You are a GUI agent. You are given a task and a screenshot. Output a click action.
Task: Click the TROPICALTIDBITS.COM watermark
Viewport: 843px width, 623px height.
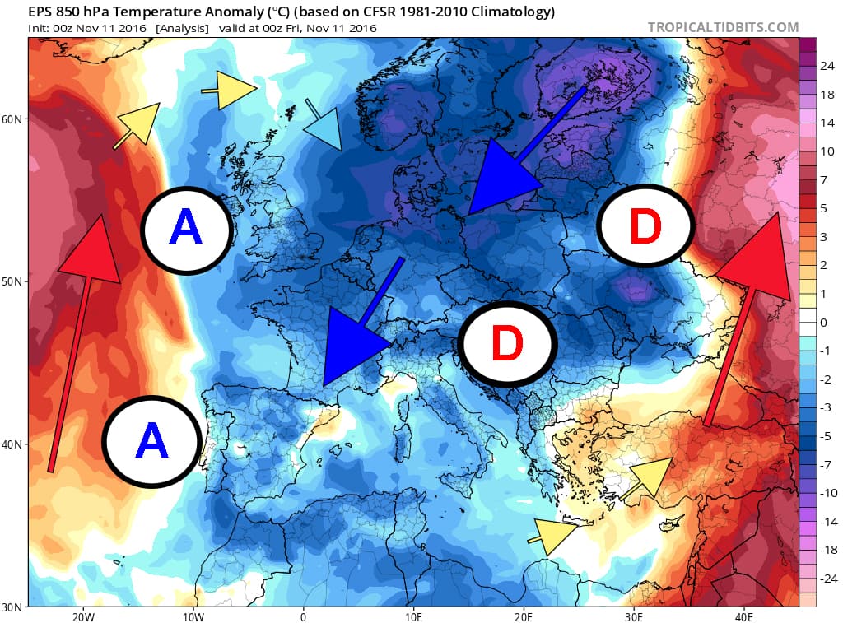(723, 27)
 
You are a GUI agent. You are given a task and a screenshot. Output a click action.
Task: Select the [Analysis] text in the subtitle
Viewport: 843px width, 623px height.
(181, 28)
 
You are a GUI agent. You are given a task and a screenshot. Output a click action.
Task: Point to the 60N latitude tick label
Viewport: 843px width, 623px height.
(13, 119)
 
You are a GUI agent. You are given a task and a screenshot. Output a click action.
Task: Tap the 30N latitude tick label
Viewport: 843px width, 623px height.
(13, 607)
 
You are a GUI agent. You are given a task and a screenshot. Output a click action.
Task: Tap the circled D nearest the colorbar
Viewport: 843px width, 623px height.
(645, 225)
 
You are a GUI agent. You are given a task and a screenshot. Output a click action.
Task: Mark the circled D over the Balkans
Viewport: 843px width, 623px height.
(506, 344)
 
